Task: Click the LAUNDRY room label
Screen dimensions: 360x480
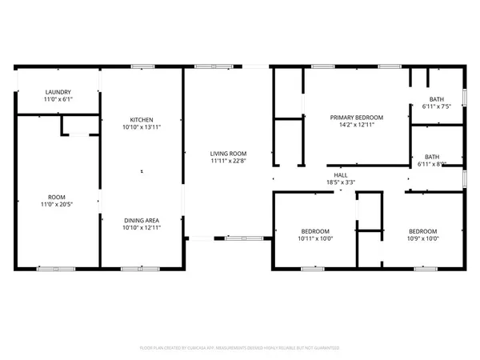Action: pos(58,92)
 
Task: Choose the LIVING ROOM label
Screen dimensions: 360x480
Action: pos(227,153)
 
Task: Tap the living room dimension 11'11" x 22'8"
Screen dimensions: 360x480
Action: pos(227,162)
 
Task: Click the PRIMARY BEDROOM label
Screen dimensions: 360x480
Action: pos(357,117)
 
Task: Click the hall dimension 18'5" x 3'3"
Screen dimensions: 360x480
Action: pos(341,182)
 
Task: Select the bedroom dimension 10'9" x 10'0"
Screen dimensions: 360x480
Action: pos(423,238)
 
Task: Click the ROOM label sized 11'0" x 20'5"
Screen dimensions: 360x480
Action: pos(56,197)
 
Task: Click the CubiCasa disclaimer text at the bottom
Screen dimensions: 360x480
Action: pos(240,348)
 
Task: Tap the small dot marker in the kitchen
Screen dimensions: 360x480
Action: pos(142,170)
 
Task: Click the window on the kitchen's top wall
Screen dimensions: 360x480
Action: pos(143,66)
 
